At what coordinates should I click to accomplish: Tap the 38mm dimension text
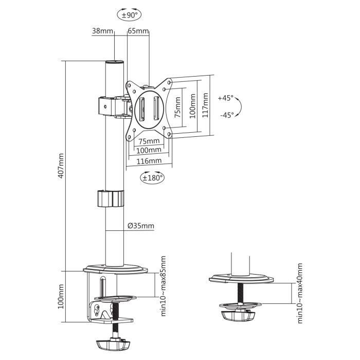(102, 31)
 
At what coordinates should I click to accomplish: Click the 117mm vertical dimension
(205, 106)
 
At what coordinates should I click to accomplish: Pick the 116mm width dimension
(150, 161)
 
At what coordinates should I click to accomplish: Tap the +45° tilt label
(225, 97)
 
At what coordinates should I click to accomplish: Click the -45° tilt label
(226, 115)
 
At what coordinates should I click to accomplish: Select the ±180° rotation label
(152, 178)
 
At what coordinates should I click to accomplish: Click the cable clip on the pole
(111, 199)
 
